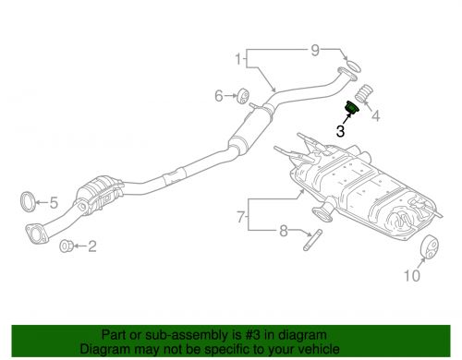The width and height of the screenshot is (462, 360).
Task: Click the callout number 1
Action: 238,62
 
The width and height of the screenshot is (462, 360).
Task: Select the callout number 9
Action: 314,49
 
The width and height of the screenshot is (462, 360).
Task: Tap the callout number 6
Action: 219,96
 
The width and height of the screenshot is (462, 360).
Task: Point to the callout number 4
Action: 375,115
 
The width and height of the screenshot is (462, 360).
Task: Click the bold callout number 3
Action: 341,131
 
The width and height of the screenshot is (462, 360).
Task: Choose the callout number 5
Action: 55,202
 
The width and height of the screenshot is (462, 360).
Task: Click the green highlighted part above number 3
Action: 352,109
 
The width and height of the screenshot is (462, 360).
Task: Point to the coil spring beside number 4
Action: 363,95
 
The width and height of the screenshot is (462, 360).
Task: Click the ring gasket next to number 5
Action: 29,200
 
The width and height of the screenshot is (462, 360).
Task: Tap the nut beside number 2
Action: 67,246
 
